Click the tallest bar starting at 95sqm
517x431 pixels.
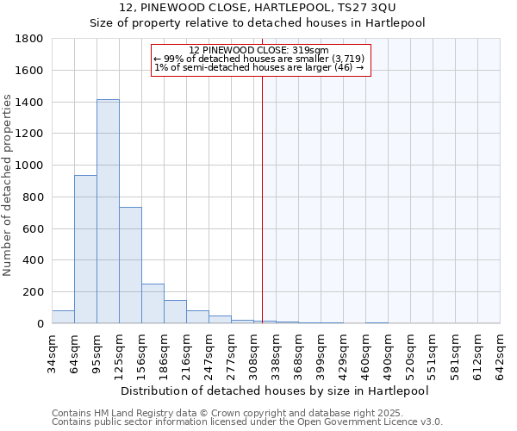[108, 211]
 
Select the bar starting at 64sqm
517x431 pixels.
[85, 249]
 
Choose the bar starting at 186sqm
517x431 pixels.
[175, 311]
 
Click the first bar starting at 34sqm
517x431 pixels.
[63, 316]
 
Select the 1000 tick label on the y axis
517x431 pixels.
[30, 166]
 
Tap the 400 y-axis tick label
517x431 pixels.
[34, 260]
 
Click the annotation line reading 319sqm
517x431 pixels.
[258, 50]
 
